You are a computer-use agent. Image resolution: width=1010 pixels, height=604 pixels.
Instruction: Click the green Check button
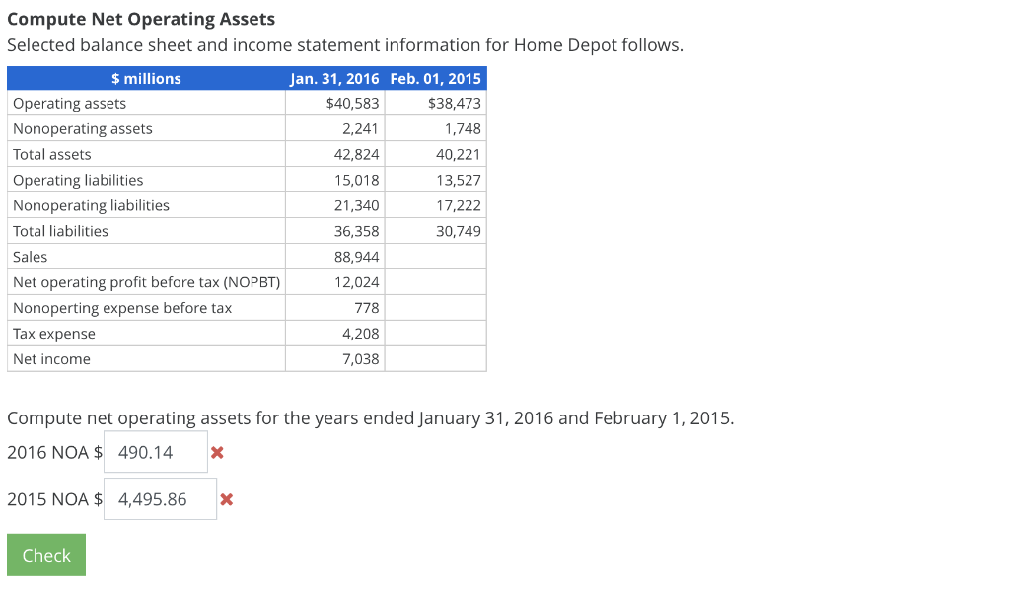[x=46, y=555]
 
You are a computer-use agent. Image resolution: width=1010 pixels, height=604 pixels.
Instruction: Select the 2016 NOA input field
[x=156, y=452]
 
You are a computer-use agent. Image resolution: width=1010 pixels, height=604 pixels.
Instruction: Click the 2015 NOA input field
[x=160, y=499]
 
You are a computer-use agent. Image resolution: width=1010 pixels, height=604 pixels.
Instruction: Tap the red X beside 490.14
[x=218, y=453]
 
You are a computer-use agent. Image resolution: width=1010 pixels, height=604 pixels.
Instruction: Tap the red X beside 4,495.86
[x=226, y=499]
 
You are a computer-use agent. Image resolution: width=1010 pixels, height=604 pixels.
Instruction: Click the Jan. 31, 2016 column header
[x=335, y=79]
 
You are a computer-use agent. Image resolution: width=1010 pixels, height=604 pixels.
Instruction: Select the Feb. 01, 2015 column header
[x=435, y=79]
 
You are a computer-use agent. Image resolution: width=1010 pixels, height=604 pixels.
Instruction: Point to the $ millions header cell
[x=146, y=79]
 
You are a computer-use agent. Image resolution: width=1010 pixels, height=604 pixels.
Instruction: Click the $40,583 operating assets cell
[x=352, y=104]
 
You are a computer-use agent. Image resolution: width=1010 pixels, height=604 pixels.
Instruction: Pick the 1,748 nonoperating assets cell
[x=463, y=129]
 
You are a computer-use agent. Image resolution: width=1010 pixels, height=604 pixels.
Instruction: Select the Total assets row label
[x=52, y=155]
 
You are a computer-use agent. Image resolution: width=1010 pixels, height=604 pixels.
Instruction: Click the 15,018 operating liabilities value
[x=357, y=181]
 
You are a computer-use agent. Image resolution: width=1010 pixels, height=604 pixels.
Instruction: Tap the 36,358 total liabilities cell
[x=357, y=232]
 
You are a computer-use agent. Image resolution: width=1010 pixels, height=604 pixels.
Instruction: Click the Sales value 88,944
[x=357, y=258]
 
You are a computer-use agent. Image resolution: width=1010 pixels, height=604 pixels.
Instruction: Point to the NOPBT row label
[x=146, y=283]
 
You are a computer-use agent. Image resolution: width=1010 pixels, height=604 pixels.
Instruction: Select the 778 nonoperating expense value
[x=366, y=309]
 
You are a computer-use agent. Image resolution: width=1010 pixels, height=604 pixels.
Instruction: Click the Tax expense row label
[x=54, y=335]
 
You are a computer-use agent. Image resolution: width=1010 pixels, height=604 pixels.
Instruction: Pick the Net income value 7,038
[x=360, y=360]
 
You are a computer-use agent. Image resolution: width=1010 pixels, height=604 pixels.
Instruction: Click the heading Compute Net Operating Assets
[x=141, y=19]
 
